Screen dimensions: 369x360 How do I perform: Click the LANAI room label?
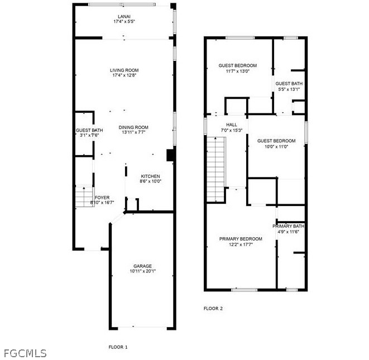(124, 17)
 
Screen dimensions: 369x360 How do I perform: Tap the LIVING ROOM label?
(124, 70)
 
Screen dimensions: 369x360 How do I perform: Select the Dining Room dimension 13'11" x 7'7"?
(133, 132)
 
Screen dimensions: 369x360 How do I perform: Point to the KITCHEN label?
(150, 176)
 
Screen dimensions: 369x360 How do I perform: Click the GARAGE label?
(142, 266)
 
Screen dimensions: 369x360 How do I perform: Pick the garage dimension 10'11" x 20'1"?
(142, 271)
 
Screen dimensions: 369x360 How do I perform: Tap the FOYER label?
(102, 198)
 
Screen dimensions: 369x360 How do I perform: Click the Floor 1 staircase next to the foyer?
(85, 196)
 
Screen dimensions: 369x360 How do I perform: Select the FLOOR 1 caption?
(118, 347)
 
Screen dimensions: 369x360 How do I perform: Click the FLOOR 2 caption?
(213, 309)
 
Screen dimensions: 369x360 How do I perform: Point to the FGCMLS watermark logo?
(25, 353)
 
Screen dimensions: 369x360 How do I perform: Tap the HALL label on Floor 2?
(232, 124)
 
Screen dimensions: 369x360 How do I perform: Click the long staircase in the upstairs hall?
(216, 169)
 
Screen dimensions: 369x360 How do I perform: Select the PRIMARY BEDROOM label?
(241, 239)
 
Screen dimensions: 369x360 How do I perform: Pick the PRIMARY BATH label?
(288, 226)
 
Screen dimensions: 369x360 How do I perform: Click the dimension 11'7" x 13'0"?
(237, 71)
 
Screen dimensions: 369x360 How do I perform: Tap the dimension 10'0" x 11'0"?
(276, 146)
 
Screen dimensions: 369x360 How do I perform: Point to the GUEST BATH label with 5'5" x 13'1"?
(289, 84)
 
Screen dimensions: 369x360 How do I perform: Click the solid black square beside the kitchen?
(171, 155)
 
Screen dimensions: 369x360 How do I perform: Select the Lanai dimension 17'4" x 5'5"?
(124, 21)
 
